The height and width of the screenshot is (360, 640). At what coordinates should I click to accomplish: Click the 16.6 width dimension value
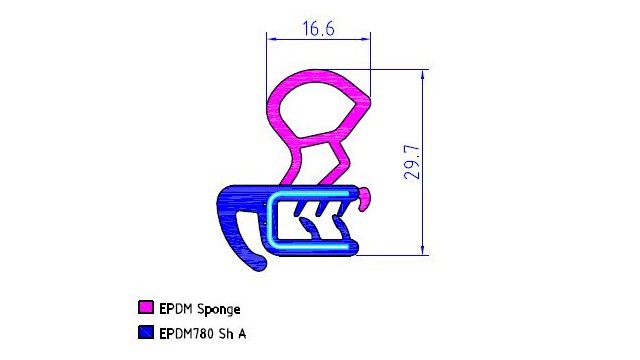click(318, 29)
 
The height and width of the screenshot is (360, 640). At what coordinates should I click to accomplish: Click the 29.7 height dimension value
click(412, 162)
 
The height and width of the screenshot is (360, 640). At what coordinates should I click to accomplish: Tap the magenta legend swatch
click(146, 307)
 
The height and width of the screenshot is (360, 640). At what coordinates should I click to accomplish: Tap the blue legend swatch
click(146, 332)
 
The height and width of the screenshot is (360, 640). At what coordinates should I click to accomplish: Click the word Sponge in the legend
click(218, 309)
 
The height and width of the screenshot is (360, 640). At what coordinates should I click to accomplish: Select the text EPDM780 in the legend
click(186, 333)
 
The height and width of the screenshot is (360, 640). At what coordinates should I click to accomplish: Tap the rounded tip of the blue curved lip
click(260, 263)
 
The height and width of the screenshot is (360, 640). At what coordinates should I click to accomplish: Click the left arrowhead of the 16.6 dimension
click(271, 39)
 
